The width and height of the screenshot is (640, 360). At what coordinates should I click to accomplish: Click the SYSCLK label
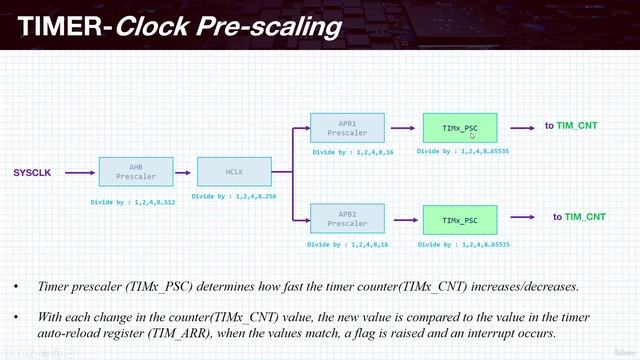(x=32, y=172)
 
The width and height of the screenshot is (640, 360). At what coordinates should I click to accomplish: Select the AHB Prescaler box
(x=136, y=172)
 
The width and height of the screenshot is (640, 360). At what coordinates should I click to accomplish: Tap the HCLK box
(x=228, y=172)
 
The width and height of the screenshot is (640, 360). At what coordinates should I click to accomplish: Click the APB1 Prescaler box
(x=347, y=128)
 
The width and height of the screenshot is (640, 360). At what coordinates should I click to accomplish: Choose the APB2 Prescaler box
(x=347, y=218)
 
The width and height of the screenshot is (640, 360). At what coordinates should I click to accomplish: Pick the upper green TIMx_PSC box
(x=459, y=128)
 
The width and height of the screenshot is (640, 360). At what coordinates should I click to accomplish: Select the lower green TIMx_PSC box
(x=459, y=218)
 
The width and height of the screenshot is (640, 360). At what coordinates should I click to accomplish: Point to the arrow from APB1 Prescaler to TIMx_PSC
(x=402, y=128)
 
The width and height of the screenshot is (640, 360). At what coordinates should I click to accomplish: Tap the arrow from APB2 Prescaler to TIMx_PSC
(x=402, y=218)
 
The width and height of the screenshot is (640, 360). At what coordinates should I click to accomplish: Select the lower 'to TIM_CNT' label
(x=579, y=216)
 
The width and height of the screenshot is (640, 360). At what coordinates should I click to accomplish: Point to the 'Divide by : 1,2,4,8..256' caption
(x=232, y=197)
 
